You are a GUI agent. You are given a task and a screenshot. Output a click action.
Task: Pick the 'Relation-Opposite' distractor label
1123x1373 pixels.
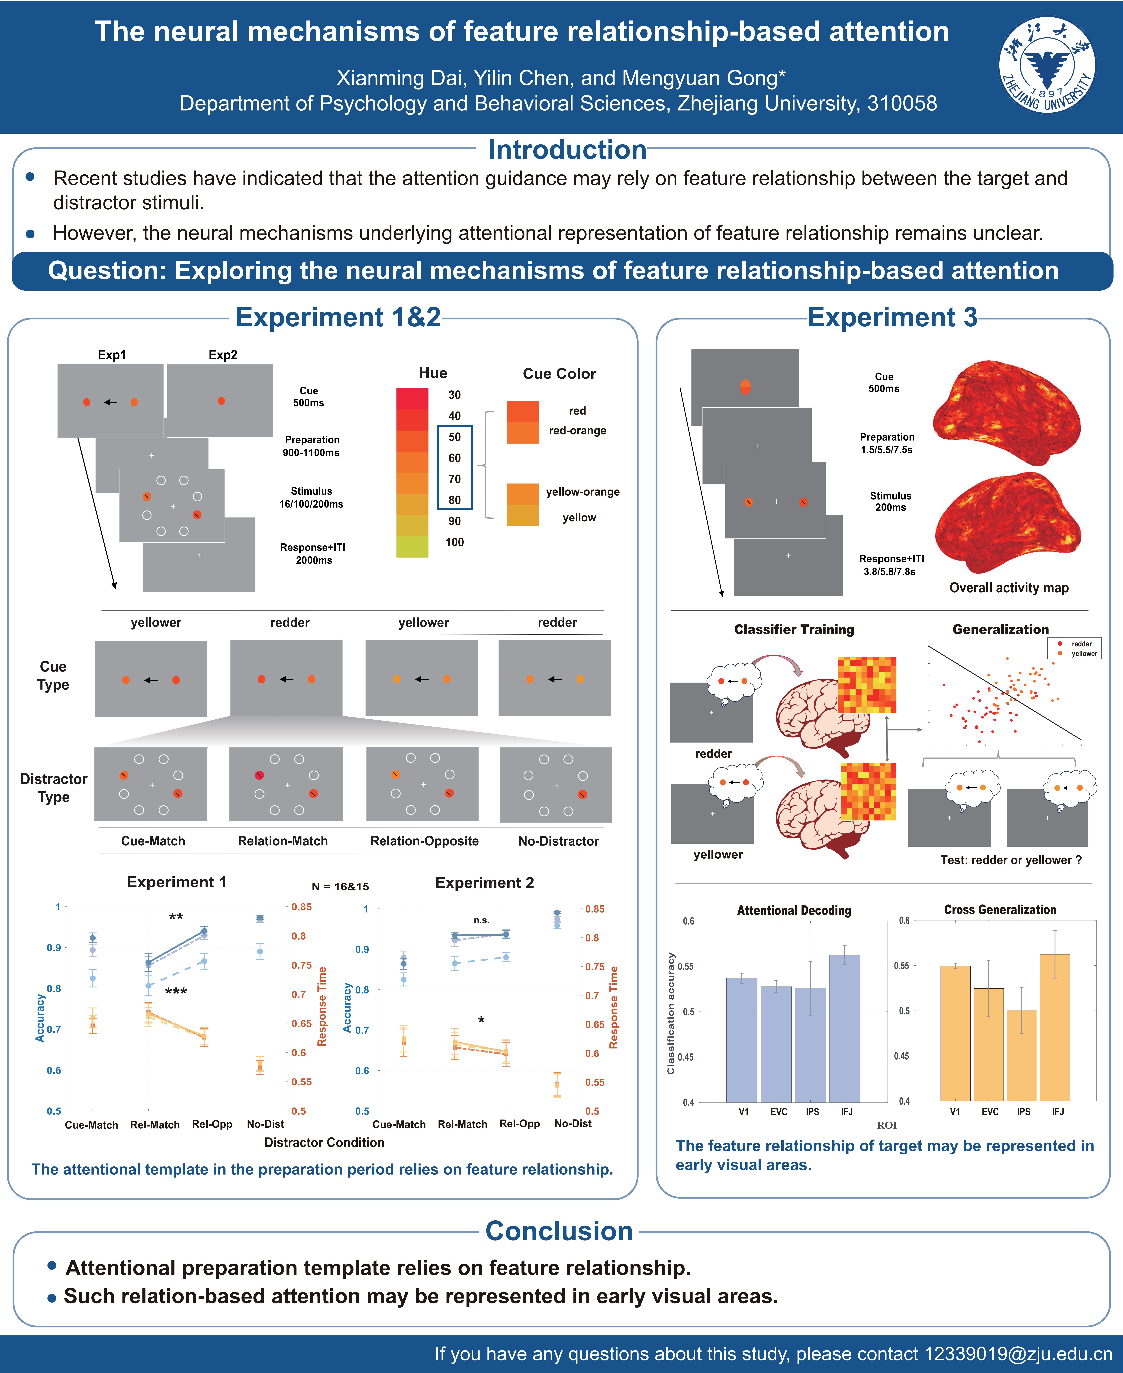coord(424,841)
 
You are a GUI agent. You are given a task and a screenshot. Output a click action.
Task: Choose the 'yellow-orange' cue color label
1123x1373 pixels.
coord(582,492)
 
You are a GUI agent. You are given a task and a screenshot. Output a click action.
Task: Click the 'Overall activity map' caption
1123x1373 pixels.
coord(1008,588)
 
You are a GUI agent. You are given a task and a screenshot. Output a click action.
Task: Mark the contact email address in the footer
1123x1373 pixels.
coord(1018,1354)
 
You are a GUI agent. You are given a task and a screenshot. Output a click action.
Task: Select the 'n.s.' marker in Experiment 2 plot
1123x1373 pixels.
coord(481,920)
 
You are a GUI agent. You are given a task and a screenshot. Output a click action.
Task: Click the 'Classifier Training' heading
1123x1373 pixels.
coord(794,630)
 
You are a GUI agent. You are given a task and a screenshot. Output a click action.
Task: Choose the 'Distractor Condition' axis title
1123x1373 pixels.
coord(324,1143)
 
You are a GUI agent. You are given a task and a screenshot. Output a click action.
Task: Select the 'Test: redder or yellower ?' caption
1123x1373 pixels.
coord(1010,860)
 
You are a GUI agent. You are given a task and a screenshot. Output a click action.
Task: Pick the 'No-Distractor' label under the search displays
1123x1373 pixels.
coord(558,841)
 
